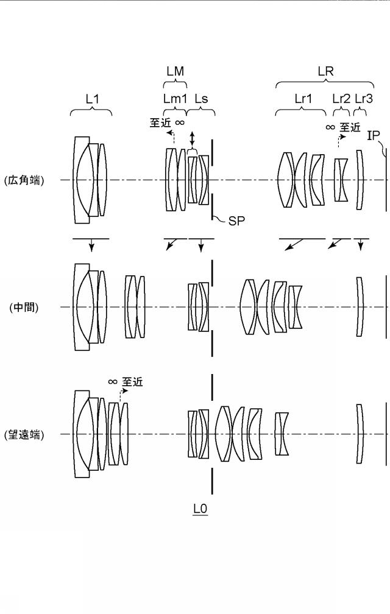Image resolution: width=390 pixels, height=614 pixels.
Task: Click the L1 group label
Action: coord(92,99)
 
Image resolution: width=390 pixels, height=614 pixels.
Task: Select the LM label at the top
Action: coord(175,71)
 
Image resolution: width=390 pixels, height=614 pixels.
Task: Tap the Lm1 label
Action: coord(175,99)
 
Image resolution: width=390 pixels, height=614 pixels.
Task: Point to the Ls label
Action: coord(201,99)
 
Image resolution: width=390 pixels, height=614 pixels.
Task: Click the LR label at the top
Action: coord(325,71)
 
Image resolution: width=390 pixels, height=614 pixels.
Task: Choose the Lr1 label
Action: coord(303,99)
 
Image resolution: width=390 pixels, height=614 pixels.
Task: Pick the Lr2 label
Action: coord(341,99)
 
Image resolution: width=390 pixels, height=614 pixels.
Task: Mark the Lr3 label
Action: coord(364,99)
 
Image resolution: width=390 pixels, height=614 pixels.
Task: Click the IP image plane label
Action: coord(373,135)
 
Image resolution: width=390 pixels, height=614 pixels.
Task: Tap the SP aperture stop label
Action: coord(236,221)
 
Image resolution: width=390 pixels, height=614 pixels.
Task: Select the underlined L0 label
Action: coord(200,509)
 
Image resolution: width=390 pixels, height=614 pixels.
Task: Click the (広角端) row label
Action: coord(24,180)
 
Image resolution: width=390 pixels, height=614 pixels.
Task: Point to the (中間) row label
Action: coord(24,308)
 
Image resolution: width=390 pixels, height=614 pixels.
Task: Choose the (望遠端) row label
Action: coord(24,435)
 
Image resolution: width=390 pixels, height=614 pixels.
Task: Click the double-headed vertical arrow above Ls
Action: coord(192,139)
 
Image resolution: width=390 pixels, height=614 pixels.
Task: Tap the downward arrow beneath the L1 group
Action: coord(91,245)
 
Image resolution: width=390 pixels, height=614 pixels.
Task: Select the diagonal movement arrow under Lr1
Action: coord(294,244)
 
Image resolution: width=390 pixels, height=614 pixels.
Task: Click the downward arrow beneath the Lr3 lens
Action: coord(361,245)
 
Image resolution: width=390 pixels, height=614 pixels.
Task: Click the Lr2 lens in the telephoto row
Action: coord(282,434)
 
